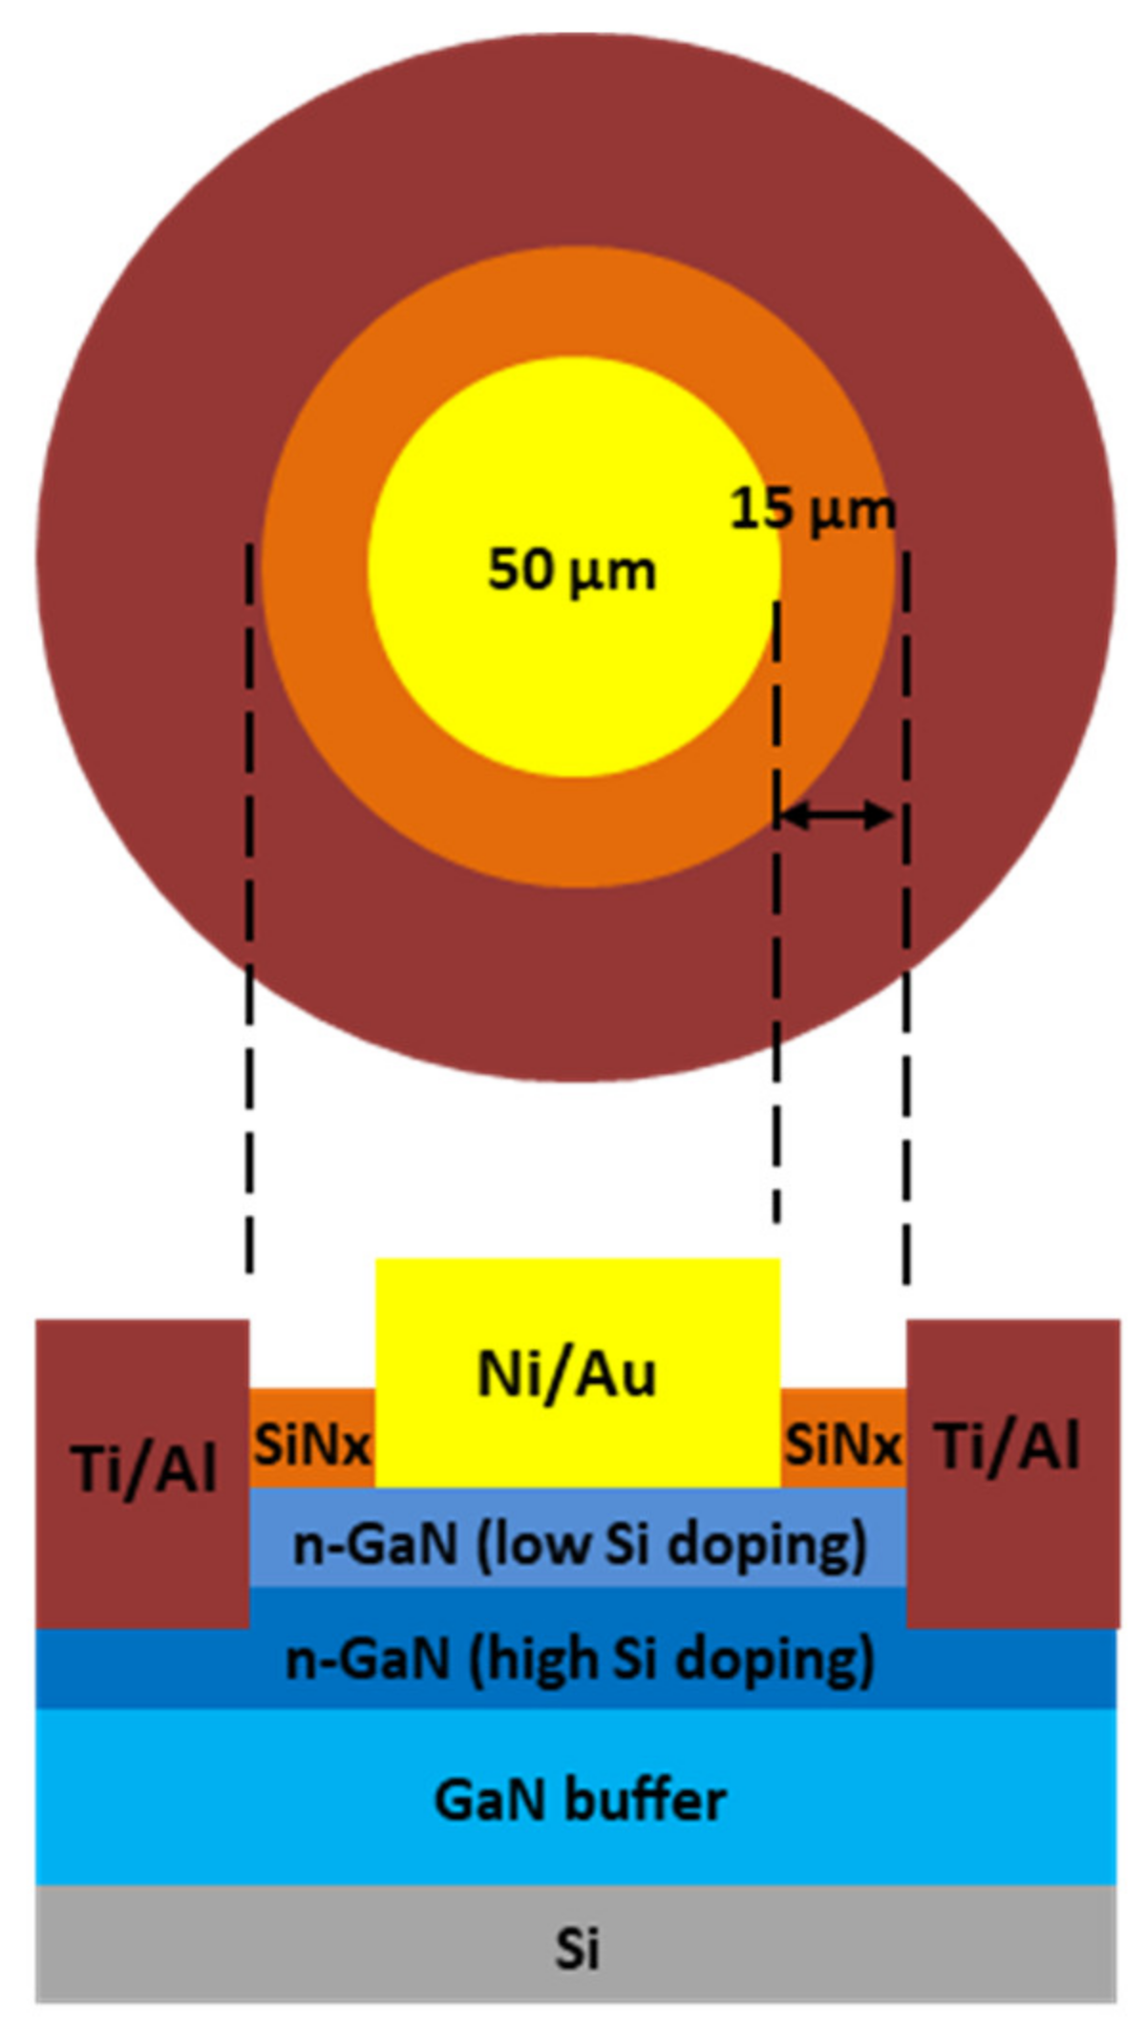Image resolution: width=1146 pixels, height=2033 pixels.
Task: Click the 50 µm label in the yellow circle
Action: coord(571,570)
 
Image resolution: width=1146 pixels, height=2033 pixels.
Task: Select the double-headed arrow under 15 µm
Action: coord(837,815)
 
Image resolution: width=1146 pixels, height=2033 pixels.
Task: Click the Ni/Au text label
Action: coord(567,1375)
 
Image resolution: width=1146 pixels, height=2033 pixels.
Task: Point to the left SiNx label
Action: coord(311,1445)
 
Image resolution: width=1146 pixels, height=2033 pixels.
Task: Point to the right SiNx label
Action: coord(842,1445)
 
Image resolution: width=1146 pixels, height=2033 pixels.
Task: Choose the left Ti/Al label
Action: coord(144,1467)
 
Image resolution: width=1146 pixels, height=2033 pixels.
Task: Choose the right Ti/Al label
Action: coord(1009,1445)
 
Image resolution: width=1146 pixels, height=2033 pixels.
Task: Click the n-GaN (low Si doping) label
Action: coord(580,1544)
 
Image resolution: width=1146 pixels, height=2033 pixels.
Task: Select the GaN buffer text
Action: coord(580,1801)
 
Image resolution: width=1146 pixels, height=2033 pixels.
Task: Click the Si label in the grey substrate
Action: coord(577,1948)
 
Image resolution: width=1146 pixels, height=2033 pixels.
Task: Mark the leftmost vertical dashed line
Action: coord(249,908)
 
